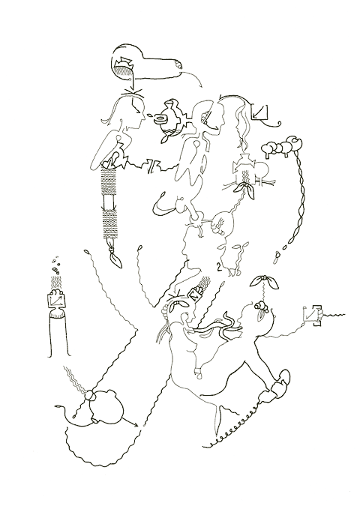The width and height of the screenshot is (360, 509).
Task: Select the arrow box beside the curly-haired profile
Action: [x=261, y=112]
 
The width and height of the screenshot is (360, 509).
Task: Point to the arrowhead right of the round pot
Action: [x=136, y=426]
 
